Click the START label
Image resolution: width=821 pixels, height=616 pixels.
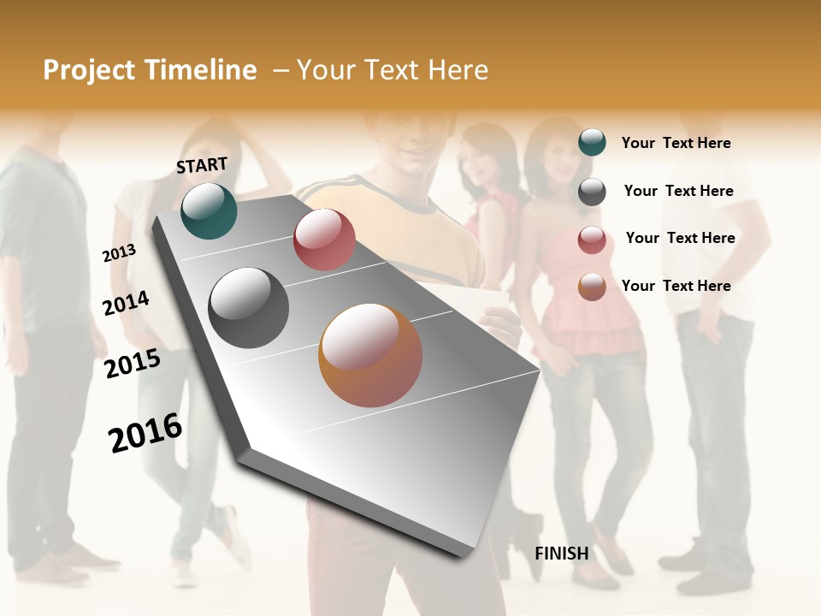202,164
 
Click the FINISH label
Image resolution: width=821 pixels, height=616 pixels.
561,554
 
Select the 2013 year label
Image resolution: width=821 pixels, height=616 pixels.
119,252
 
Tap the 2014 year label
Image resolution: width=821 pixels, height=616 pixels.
126,303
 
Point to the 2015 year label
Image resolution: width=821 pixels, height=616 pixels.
133,363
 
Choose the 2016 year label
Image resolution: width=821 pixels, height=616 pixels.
145,432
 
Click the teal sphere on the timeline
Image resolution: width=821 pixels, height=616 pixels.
209,210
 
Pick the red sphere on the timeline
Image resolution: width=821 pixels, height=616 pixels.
324,240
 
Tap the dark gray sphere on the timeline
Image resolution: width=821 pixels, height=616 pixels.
249,308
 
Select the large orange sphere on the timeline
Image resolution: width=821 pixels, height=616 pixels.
370,355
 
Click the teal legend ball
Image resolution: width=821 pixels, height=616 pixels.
592,142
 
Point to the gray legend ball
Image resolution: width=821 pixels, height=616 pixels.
592,191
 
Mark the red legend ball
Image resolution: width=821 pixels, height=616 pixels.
592,239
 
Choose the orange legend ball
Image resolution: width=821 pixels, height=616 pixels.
592,287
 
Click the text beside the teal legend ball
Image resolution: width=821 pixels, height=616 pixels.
676,143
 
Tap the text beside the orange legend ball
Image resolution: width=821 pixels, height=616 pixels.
676,286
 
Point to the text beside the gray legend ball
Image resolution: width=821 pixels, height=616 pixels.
678,191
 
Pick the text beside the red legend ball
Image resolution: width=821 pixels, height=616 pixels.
680,238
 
